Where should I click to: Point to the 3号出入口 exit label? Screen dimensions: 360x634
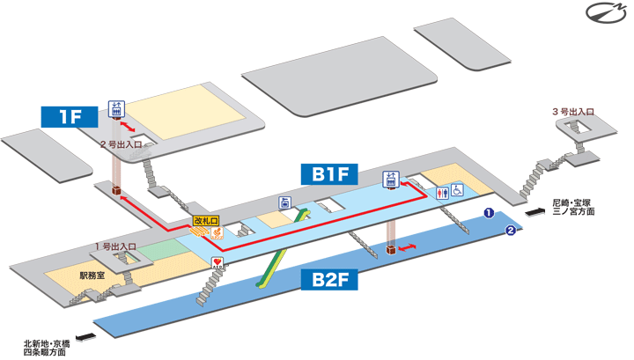pyautogui.click(x=573, y=112)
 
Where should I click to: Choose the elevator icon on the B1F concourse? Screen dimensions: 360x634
pyautogui.click(x=391, y=181)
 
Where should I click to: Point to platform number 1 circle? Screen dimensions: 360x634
pyautogui.click(x=488, y=213)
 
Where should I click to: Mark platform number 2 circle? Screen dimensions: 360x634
pyautogui.click(x=509, y=231)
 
